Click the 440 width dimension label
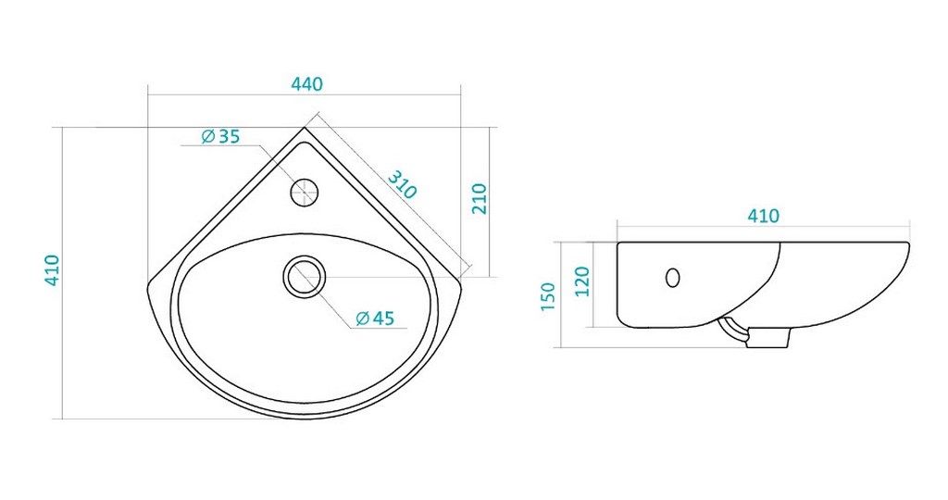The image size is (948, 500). pyautogui.click(x=306, y=83)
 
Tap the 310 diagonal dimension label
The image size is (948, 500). pyautogui.click(x=402, y=184)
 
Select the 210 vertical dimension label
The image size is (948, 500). pyautogui.click(x=479, y=198)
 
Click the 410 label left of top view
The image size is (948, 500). pyautogui.click(x=52, y=270)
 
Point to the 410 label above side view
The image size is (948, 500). pyautogui.click(x=763, y=216)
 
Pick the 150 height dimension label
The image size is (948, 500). pyautogui.click(x=548, y=296)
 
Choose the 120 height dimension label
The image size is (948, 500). pyautogui.click(x=581, y=281)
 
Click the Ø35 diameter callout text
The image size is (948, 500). pyautogui.click(x=220, y=137)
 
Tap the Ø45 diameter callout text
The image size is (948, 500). pyautogui.click(x=375, y=318)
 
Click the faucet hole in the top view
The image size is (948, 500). pyautogui.click(x=304, y=193)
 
